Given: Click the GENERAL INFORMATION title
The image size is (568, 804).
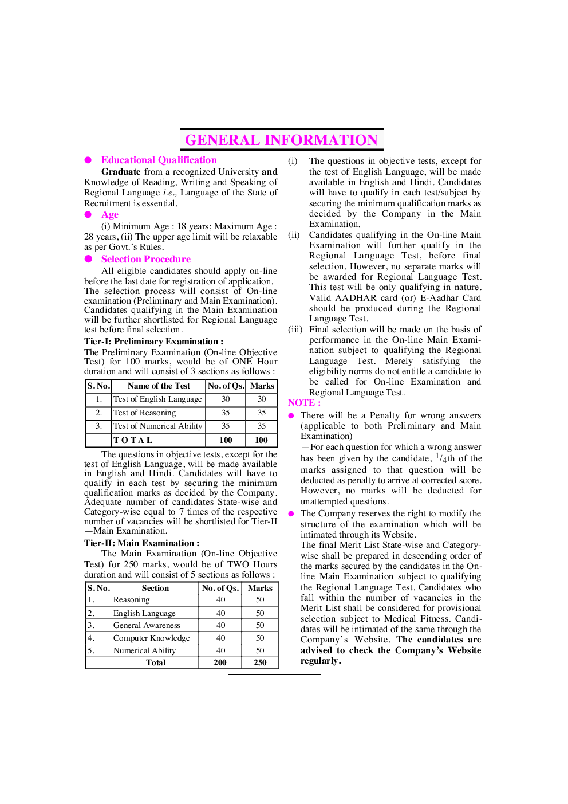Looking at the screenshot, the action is coord(282,140).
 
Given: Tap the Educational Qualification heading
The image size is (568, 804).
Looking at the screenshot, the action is coord(159,160).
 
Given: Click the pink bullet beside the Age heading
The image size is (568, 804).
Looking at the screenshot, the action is coord(88,215).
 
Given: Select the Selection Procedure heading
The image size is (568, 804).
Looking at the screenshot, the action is coord(145,259).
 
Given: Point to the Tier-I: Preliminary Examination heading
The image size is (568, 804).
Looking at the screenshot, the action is coord(154,342).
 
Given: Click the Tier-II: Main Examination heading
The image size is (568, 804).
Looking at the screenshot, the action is coord(141,543).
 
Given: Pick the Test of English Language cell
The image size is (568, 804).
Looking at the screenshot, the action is coord(157,399).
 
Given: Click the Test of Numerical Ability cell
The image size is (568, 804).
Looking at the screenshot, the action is coord(157,426).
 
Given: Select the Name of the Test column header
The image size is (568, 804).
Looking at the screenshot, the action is coord(159,386).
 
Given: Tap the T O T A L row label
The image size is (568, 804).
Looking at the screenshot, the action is coord(133,440).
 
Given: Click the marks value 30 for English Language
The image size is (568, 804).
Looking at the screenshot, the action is coord(262,399).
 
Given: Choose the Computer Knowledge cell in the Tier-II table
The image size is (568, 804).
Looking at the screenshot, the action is coord(151,638).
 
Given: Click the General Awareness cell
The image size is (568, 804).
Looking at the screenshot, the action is coord(147,625).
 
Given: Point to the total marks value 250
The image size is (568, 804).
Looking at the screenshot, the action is coord(260,662).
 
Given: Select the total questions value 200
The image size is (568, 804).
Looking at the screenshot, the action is coord(220,662).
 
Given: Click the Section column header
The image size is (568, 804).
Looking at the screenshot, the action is coord(155,588).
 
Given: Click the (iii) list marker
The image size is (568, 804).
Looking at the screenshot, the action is coord(295,330).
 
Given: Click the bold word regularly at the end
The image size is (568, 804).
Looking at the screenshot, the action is coord(321,661).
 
